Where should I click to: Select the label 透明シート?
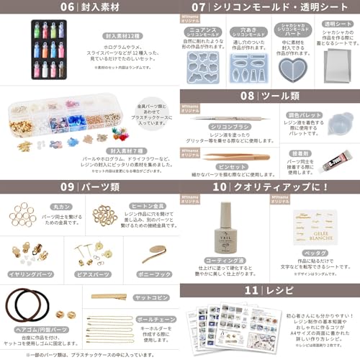(334, 24)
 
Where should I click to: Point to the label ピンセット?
(210, 166)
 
